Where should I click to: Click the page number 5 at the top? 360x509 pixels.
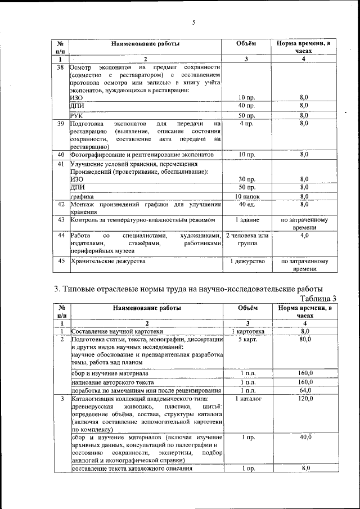193,22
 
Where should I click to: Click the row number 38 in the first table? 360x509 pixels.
61,67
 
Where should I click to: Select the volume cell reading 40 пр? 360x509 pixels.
246,105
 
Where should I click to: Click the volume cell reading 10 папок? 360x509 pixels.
246,196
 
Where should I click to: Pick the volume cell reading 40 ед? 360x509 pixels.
246,204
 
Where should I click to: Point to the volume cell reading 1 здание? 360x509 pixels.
246,219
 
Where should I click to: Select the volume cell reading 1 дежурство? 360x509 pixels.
246,262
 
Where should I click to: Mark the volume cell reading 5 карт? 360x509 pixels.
246,340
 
